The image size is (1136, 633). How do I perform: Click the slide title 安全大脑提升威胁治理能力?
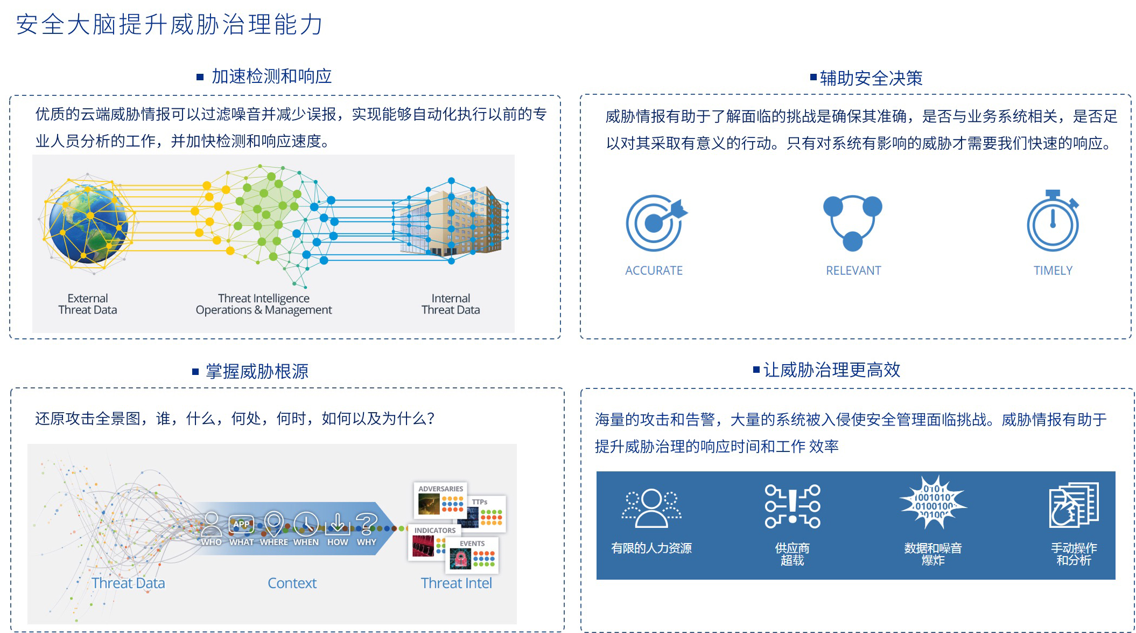tap(169, 25)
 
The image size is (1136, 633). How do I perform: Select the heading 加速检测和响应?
tap(271, 76)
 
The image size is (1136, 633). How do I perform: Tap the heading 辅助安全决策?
tap(871, 78)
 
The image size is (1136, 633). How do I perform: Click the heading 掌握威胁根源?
tap(257, 371)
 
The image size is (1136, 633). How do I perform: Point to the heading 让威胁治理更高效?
tap(832, 370)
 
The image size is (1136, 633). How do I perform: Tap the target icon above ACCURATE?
tap(656, 222)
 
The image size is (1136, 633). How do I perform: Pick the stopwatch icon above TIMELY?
tap(1053, 220)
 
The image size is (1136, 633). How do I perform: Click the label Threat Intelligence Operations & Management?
tap(264, 304)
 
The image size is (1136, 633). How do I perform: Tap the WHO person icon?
tap(211, 523)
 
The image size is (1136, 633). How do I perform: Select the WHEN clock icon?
tap(306, 523)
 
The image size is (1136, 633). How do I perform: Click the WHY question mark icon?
tap(367, 523)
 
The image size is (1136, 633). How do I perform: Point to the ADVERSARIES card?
tap(440, 500)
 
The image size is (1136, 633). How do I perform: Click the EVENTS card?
tap(472, 555)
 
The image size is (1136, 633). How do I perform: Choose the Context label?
tap(292, 583)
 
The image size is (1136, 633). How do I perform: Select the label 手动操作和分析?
tap(1074, 554)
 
